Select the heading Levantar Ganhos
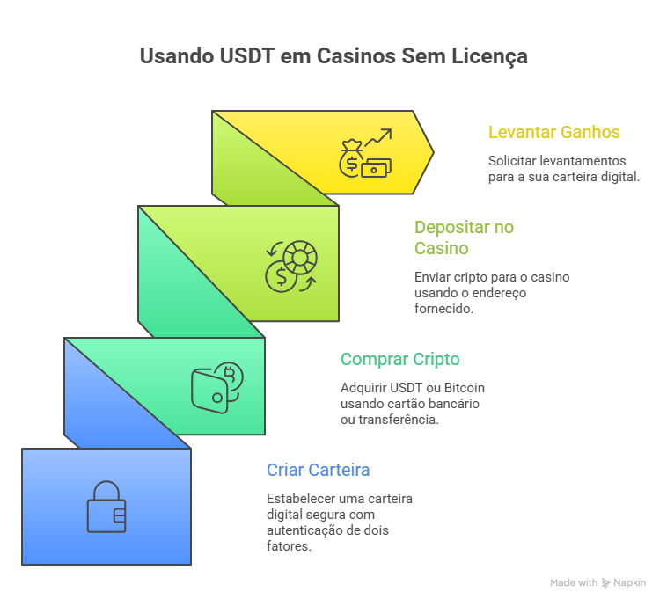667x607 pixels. coord(554,133)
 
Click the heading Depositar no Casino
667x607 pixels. coord(465,238)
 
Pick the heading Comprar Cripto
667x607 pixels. coord(400,359)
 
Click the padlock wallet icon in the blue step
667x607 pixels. coord(106,507)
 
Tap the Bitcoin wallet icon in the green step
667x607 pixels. coord(217,384)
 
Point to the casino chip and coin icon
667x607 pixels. coord(291,267)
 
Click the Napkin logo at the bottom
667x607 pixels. coord(623,582)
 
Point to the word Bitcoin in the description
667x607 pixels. coord(462,387)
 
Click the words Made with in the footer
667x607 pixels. coord(574,582)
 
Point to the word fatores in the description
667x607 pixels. coord(288,546)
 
